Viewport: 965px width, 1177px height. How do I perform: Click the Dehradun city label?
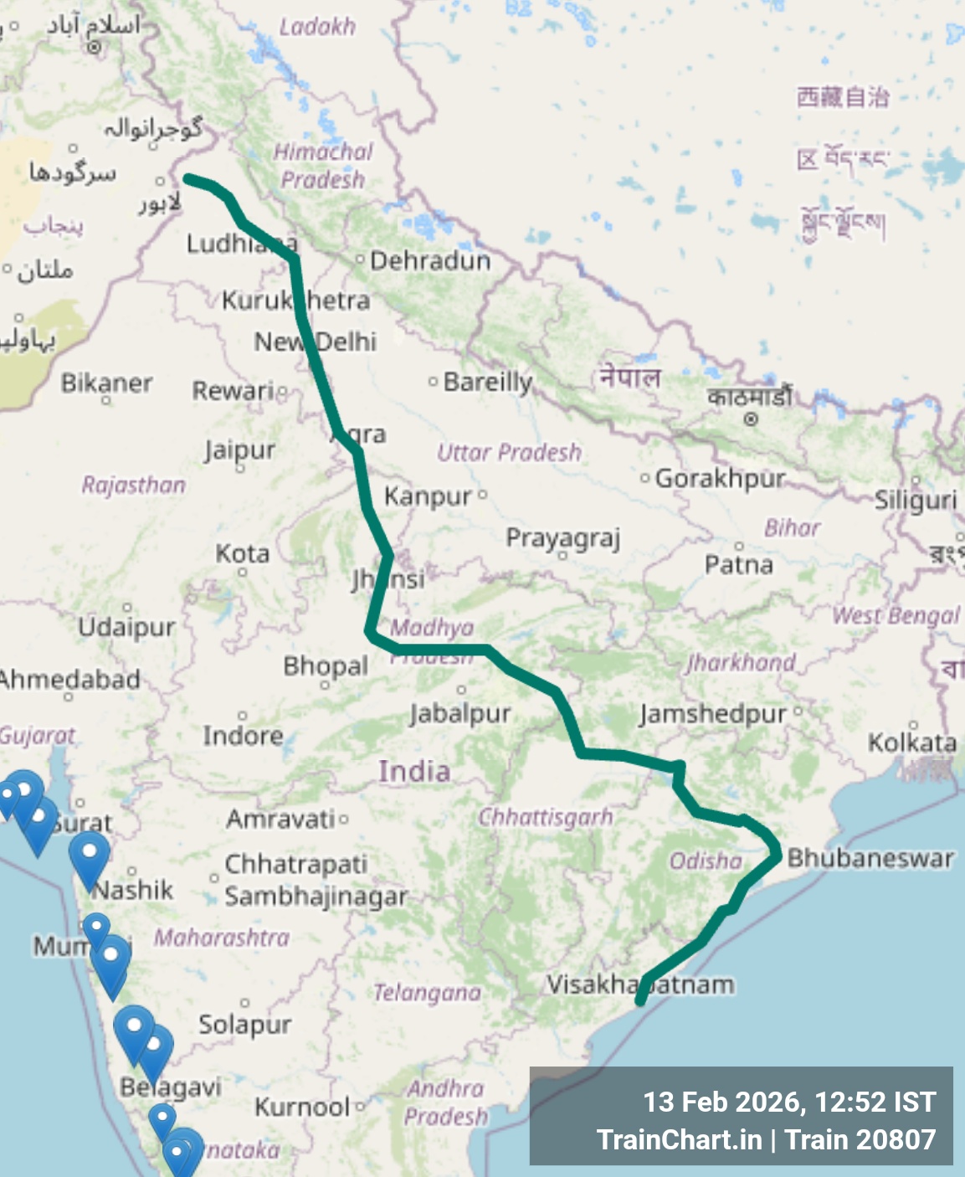click(430, 260)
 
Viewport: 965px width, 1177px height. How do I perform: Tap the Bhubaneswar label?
click(870, 858)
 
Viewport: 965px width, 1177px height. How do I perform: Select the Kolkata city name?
click(911, 743)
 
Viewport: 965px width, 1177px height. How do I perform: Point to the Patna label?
click(738, 565)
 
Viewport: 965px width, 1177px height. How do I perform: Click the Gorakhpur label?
click(720, 478)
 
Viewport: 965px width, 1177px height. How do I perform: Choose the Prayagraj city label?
click(562, 538)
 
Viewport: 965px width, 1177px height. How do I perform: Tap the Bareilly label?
click(487, 382)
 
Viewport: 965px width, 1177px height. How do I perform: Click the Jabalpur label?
click(460, 714)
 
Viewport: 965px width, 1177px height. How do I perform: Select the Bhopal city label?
click(326, 666)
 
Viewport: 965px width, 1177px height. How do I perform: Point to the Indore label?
click(243, 736)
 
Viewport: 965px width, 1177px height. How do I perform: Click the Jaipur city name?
click(239, 450)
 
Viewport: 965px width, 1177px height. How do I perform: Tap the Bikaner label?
click(106, 383)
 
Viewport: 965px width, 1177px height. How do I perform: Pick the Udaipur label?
click(126, 627)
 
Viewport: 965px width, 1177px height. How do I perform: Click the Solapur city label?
click(244, 1025)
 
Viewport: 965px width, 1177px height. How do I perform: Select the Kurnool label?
click(302, 1108)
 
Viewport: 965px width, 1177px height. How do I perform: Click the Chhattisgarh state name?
click(545, 817)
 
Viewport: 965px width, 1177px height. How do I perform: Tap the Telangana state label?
click(427, 993)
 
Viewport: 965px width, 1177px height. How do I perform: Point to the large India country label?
click(413, 771)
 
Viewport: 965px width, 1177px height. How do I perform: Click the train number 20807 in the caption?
click(894, 1139)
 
